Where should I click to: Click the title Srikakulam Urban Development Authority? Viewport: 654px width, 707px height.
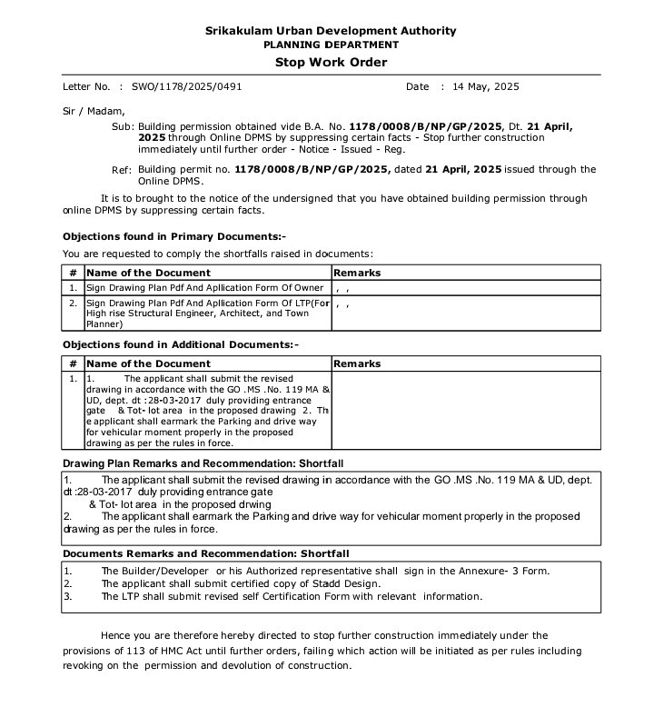coord(331,31)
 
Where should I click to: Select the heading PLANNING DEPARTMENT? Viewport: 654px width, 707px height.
coord(331,45)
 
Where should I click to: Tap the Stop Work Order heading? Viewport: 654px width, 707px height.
coord(331,63)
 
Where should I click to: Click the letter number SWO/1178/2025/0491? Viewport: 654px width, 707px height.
coord(187,87)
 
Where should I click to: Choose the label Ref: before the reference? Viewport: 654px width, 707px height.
coord(122,170)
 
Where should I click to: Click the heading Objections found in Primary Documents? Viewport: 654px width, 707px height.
coord(174,236)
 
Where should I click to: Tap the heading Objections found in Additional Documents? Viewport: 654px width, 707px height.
coord(180,345)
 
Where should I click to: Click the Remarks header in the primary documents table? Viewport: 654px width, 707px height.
coord(358,273)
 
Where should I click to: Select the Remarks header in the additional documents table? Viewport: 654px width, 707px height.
coord(358,363)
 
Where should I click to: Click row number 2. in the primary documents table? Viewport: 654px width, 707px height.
coord(73,303)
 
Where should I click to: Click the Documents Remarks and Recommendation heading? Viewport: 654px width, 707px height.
coord(205,553)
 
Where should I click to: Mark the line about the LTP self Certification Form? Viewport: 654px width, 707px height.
coord(291,596)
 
